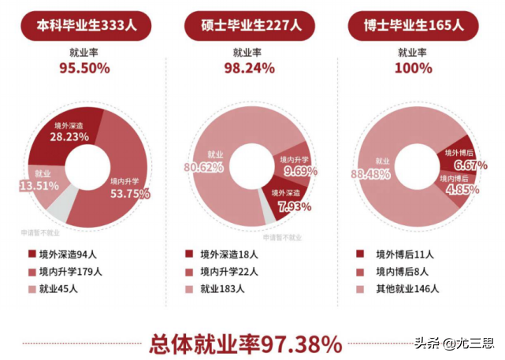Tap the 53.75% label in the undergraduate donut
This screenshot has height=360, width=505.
(124, 193)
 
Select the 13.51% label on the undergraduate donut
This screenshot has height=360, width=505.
(43, 186)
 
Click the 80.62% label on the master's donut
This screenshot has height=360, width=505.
(204, 167)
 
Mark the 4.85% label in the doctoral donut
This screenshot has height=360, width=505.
(456, 190)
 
